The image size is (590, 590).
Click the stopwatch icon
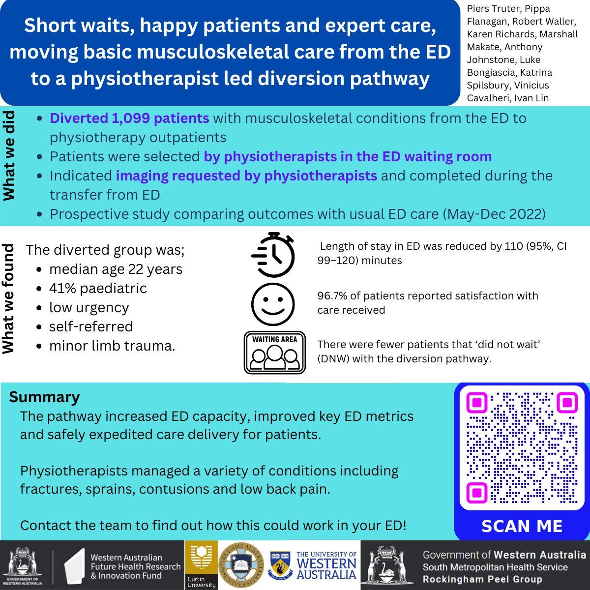tap(273, 255)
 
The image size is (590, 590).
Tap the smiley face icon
tap(273, 303)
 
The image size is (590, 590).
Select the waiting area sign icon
tap(274, 353)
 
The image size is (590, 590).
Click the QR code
tap(522, 447)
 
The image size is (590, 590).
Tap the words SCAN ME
tap(522, 526)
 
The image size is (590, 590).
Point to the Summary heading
tap(44, 397)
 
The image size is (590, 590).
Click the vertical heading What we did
tap(9, 156)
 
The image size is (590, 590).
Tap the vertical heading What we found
tap(9, 299)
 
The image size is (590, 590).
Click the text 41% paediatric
tap(98, 288)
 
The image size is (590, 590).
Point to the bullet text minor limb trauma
tap(112, 346)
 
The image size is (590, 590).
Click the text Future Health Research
tap(136, 566)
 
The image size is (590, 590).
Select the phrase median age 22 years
tap(116, 269)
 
